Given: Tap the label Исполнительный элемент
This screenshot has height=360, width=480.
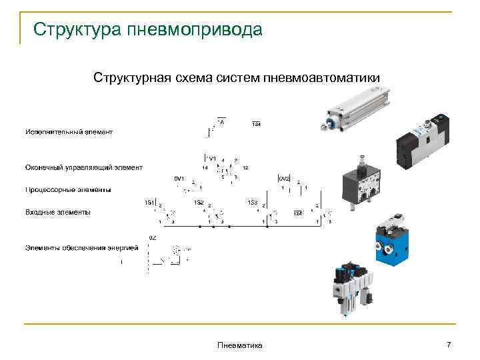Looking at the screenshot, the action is [x=69, y=132].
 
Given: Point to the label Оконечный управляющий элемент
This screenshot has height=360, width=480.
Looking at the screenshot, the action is [x=83, y=167].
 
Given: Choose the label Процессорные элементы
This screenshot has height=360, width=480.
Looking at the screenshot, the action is [x=68, y=190].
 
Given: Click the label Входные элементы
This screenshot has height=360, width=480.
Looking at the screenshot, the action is [x=58, y=213].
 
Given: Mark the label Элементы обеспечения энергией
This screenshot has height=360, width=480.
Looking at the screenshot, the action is [x=81, y=248].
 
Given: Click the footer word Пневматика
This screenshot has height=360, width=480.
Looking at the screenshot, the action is [x=240, y=345].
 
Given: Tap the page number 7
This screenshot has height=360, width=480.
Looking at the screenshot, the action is [x=449, y=344].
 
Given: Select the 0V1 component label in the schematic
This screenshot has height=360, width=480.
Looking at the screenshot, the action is [x=178, y=179].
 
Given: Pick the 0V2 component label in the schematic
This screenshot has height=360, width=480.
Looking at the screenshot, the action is [x=284, y=179].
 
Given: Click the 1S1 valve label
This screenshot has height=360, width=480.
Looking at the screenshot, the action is [x=150, y=202].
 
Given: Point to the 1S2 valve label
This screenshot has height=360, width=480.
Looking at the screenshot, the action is [x=199, y=202].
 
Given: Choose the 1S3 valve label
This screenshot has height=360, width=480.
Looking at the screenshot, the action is [x=253, y=202].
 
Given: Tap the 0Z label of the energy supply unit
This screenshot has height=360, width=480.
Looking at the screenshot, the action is [x=152, y=238].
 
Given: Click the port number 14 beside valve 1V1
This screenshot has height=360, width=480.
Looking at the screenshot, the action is [x=205, y=168].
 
